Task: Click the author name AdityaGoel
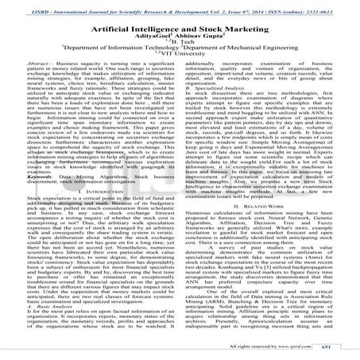click(x=149, y=39)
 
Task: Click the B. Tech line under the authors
click(x=180, y=48)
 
